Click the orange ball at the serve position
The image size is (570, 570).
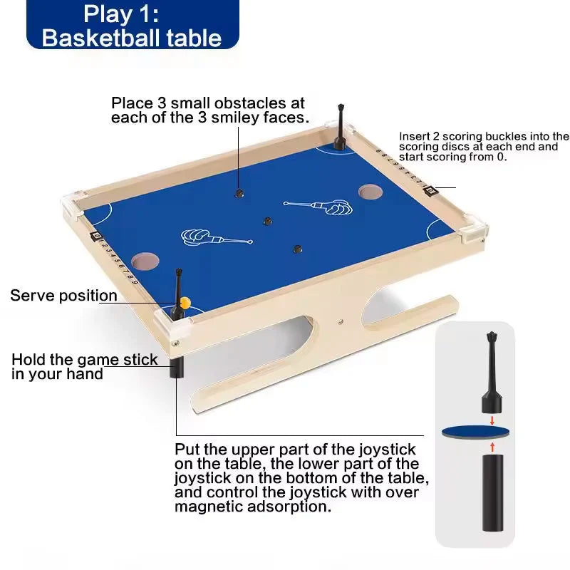tap(185, 302)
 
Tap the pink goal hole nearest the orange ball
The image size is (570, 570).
tap(145, 261)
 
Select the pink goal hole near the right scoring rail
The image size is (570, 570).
tap(370, 192)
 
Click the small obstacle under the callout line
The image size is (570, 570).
tap(239, 193)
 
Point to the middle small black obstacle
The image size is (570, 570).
tap(268, 221)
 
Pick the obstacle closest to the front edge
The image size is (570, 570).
tap(298, 249)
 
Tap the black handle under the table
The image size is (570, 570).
tap(177, 367)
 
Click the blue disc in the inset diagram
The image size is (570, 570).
tap(475, 432)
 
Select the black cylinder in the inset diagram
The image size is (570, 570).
tap(493, 492)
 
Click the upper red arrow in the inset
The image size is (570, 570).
tap(492, 421)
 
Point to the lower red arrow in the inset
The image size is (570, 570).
tap(492, 447)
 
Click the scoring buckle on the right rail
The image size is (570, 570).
tap(430, 190)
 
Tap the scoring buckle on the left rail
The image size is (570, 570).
tap(96, 236)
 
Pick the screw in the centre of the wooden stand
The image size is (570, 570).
tap(341, 322)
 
